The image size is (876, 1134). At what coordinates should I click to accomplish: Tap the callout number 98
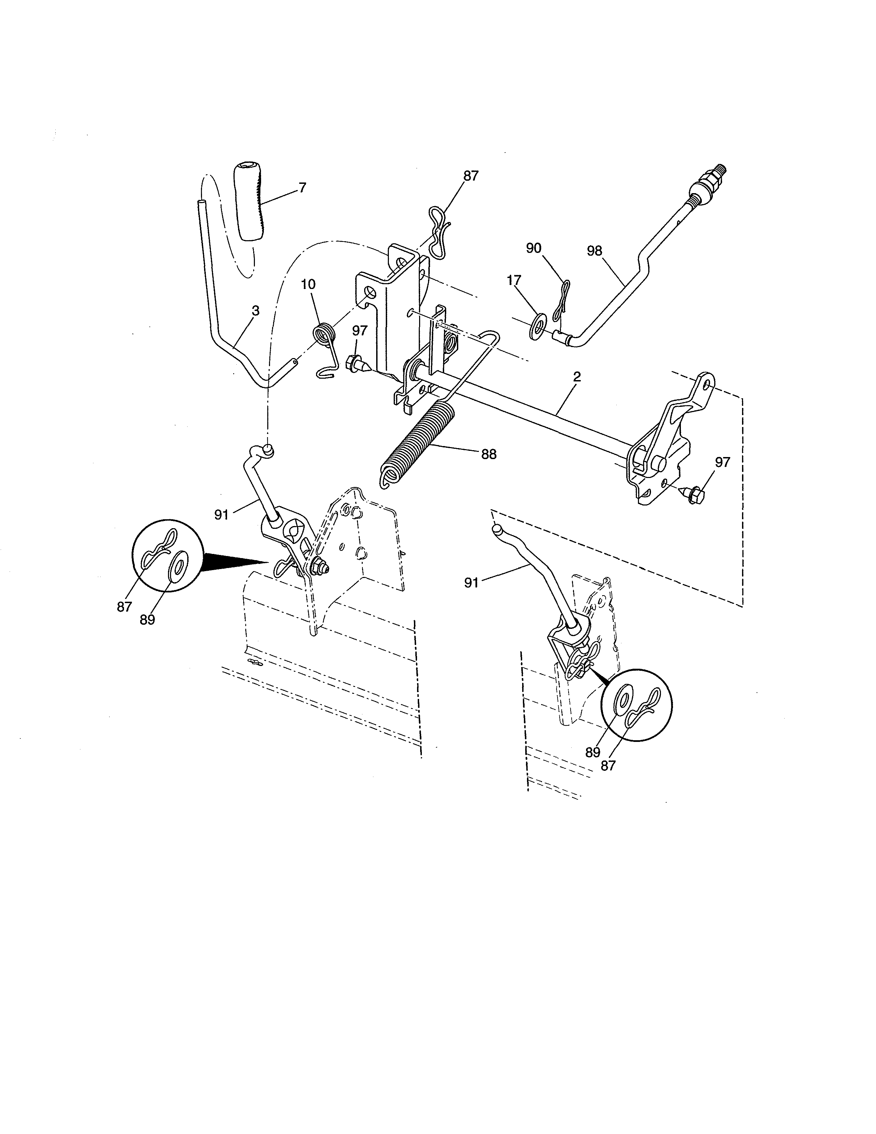pos(594,251)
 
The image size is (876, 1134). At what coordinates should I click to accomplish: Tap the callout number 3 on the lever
pos(255,311)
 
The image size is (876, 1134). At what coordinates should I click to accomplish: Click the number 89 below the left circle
pos(147,620)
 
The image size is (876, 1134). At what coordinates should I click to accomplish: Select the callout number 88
pos(488,454)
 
